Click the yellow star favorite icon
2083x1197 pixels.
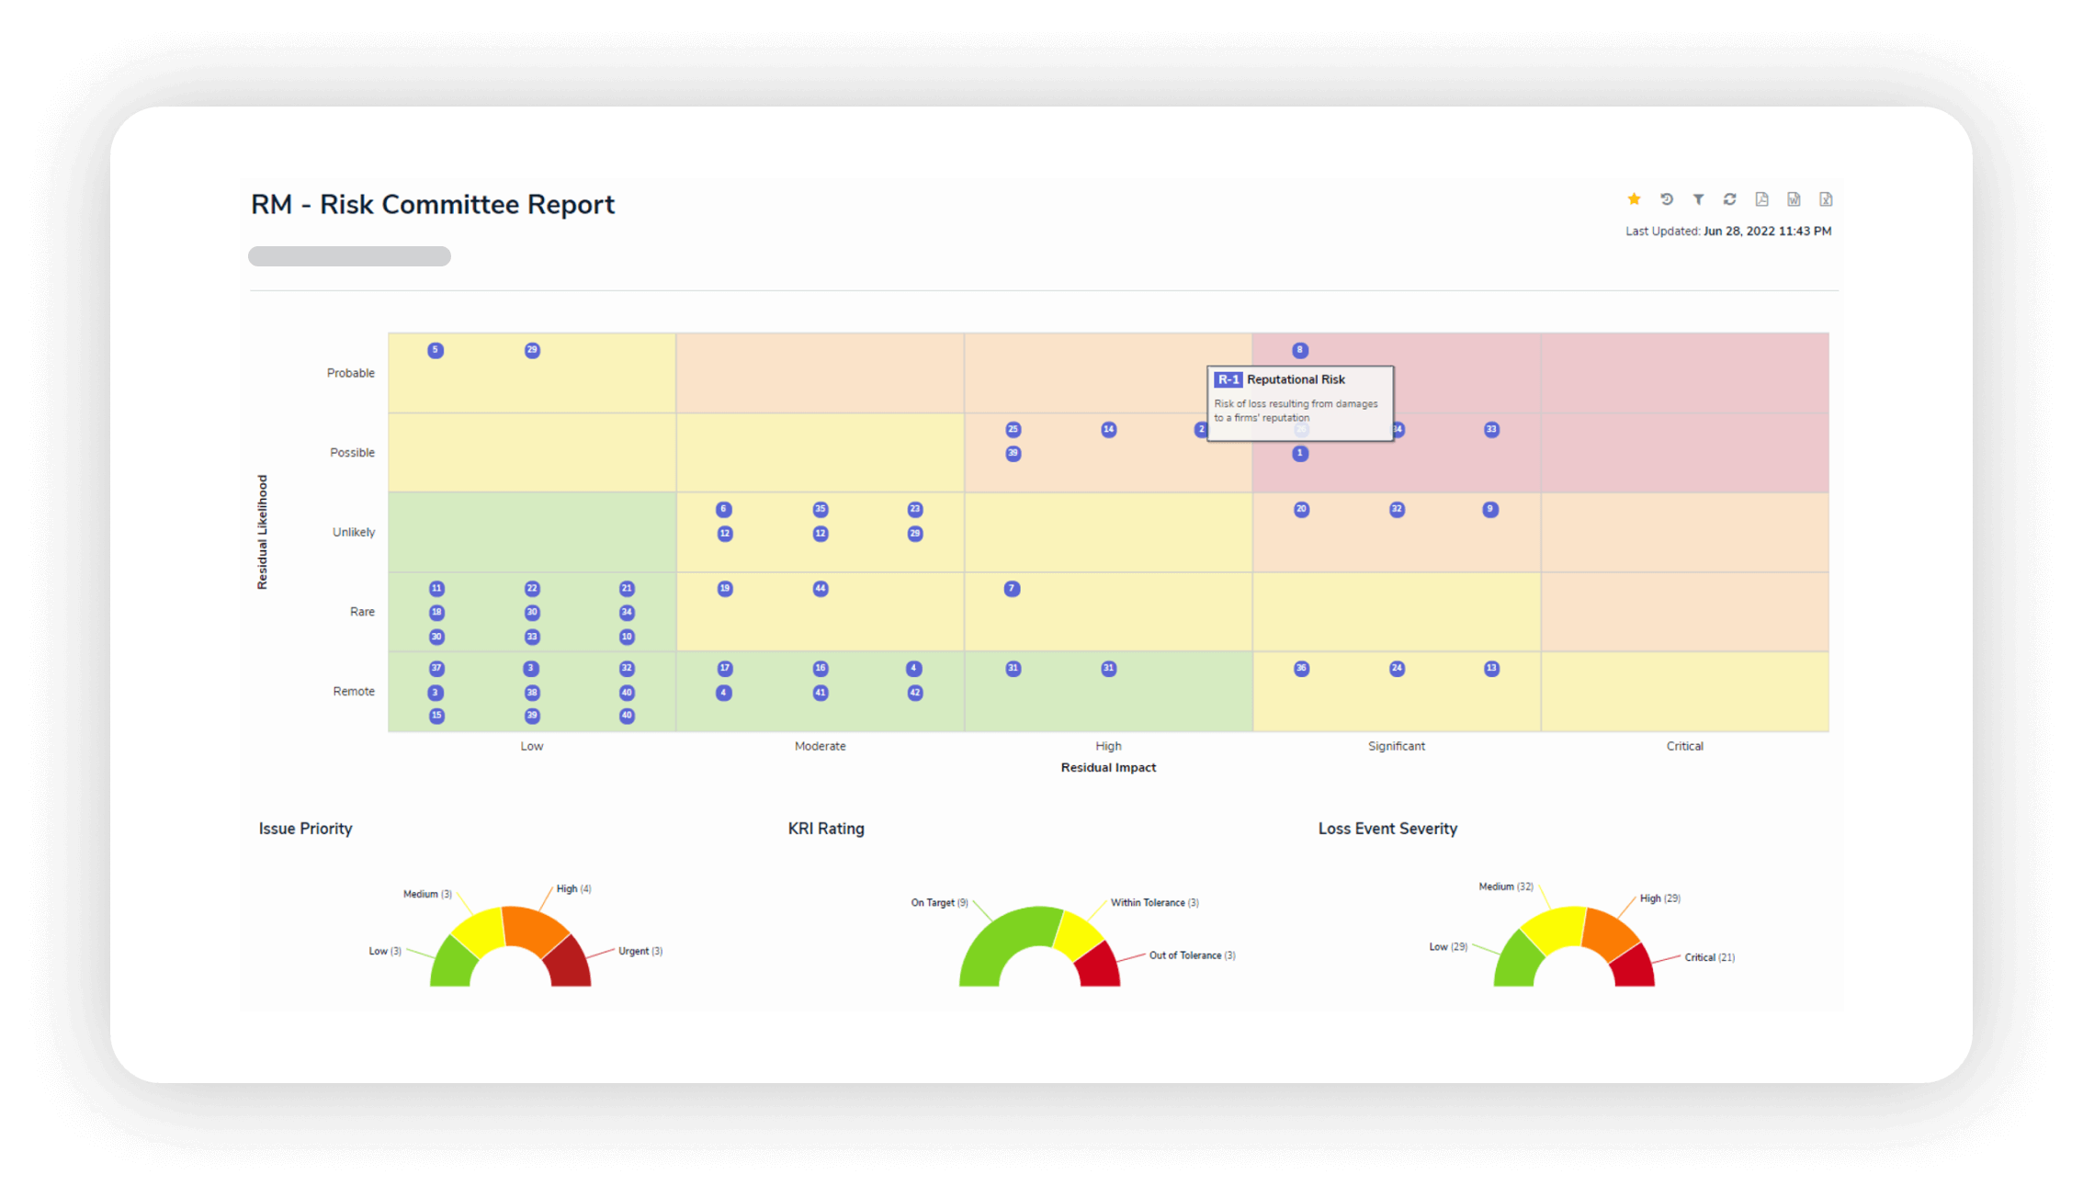(x=1634, y=199)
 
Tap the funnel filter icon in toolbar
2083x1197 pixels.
(x=1698, y=199)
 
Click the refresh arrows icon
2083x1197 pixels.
(x=1729, y=199)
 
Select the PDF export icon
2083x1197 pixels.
(x=1761, y=199)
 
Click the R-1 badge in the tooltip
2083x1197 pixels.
(x=1228, y=379)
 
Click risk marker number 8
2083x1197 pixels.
(x=1299, y=350)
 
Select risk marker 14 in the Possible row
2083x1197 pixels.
(x=1108, y=429)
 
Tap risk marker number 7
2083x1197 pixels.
(x=1012, y=589)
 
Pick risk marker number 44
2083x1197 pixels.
(x=821, y=589)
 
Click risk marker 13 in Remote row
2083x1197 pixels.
(x=1491, y=669)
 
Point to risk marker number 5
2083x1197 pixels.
(x=436, y=350)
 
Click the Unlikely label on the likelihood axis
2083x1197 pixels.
(x=353, y=532)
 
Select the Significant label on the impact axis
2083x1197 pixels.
(x=1396, y=746)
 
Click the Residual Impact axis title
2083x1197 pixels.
(x=1108, y=767)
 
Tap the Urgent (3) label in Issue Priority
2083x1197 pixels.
(x=640, y=951)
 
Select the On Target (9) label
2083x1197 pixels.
(x=939, y=902)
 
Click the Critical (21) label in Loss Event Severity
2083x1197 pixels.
(x=1709, y=957)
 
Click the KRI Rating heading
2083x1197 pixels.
(x=826, y=829)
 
